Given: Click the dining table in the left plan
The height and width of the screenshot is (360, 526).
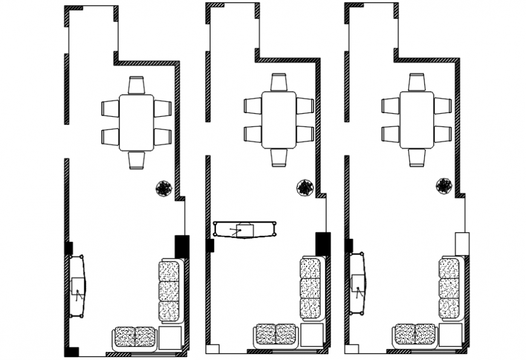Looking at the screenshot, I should tap(136, 123).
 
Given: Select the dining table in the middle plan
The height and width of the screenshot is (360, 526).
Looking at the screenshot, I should tap(279, 120).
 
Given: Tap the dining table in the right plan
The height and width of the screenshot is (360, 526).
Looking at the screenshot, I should tap(417, 120).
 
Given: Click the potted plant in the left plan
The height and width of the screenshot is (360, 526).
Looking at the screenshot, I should tap(163, 189).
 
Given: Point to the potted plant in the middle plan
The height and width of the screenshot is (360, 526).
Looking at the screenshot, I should tap(305, 188).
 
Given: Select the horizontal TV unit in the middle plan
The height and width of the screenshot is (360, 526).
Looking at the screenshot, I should tap(245, 229).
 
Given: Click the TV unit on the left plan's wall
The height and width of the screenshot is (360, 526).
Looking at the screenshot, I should tap(76, 286).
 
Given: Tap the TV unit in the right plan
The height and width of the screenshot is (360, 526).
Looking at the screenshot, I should tap(358, 284).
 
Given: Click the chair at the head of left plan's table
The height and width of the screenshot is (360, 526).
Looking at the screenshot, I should tap(137, 85).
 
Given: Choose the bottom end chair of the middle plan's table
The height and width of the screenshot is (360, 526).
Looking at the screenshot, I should tap(279, 157).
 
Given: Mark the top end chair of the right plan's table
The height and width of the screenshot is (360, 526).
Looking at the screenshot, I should tap(417, 82).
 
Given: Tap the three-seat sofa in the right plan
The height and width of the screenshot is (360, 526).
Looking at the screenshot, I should tap(449, 287).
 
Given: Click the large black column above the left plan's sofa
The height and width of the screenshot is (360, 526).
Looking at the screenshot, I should tap(181, 246).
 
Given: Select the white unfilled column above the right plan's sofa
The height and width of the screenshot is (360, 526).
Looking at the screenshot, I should tap(462, 243).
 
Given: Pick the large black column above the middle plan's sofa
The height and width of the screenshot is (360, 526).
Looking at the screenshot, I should tap(323, 244).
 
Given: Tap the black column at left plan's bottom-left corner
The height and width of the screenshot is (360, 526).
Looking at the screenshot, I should tap(71, 352).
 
